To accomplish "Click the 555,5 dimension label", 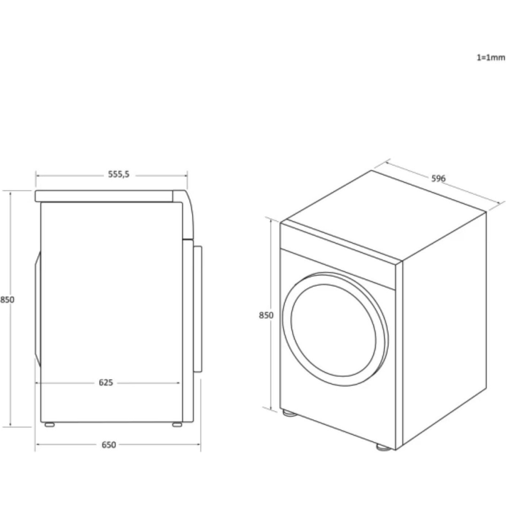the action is (x=118, y=174).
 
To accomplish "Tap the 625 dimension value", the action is (x=106, y=382).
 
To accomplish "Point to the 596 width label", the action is (x=439, y=178).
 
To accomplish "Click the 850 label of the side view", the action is (x=7, y=300).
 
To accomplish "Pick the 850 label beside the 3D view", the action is (x=266, y=315).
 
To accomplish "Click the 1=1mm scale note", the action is (x=491, y=57).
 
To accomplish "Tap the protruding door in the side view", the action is (x=198, y=309).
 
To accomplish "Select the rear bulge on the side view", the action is (x=38, y=309).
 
